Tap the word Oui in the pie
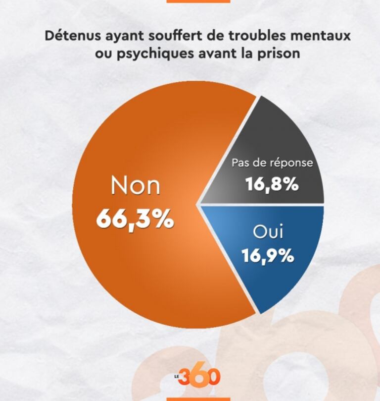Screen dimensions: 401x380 pyautogui.click(x=268, y=232)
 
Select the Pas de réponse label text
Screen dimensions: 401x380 pyautogui.click(x=272, y=163)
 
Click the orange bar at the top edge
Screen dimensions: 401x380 pyautogui.click(x=198, y=1)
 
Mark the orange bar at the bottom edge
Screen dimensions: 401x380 pyautogui.click(x=198, y=399)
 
